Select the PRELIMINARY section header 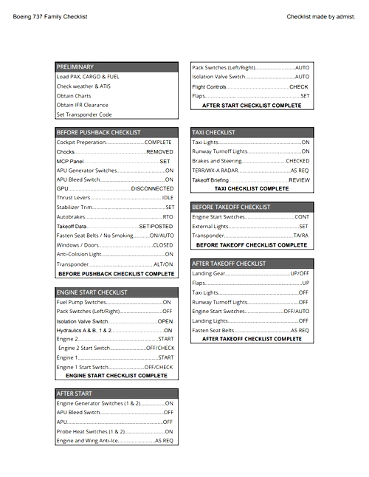(75, 66)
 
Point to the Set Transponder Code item (84, 114)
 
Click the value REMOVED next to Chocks (159, 151)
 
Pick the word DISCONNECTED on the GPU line (152, 189)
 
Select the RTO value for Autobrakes (168, 217)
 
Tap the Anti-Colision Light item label (79, 255)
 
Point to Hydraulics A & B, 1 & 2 (85, 330)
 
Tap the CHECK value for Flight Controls (298, 86)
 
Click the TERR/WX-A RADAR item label (215, 170)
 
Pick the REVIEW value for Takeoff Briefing (299, 179)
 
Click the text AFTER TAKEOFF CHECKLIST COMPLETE (252, 339)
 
